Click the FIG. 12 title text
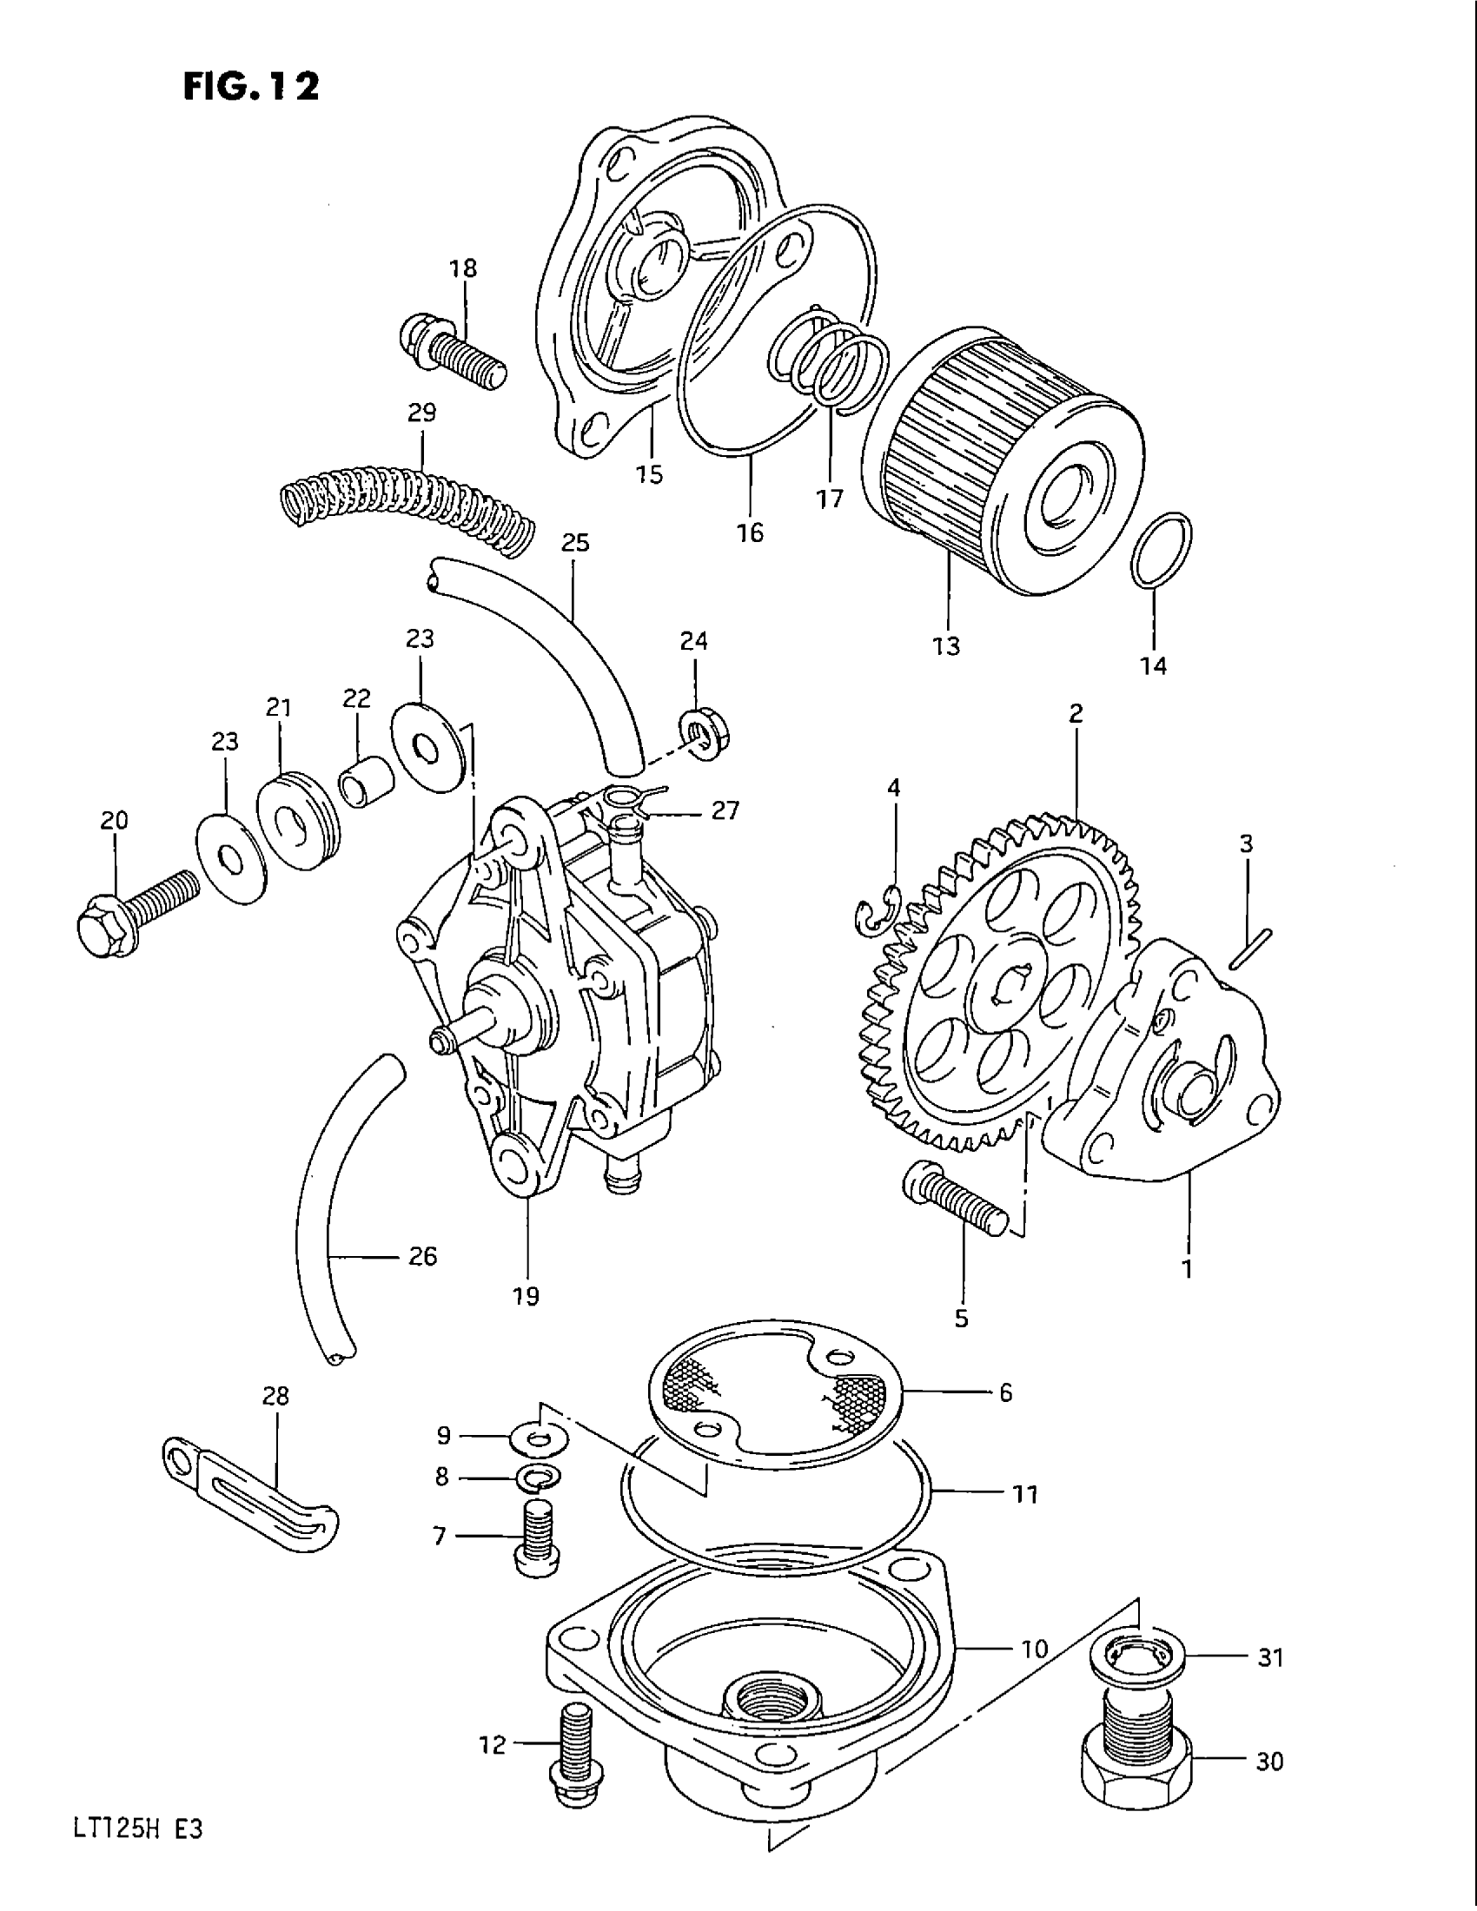click(251, 87)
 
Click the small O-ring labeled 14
click(1161, 550)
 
